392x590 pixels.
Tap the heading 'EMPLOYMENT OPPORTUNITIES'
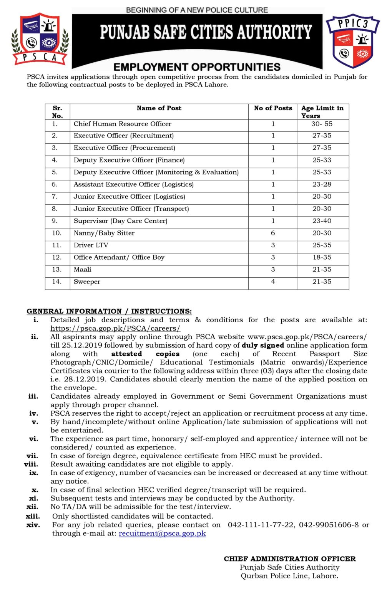(x=197, y=67)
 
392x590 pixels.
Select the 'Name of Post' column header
(x=159, y=108)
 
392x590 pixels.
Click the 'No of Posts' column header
(x=273, y=108)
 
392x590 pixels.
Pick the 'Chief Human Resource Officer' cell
(x=122, y=124)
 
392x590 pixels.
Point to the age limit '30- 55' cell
(x=322, y=124)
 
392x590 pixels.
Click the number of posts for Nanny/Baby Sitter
(x=273, y=233)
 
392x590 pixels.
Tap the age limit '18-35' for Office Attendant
(x=322, y=257)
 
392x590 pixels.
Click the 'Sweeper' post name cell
(x=87, y=282)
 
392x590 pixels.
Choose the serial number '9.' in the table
(x=55, y=221)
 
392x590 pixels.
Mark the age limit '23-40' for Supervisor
(x=322, y=221)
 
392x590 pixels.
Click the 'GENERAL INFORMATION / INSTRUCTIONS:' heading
(x=109, y=312)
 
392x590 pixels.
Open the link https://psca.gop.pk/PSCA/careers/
(x=115, y=328)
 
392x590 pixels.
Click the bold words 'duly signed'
(x=262, y=345)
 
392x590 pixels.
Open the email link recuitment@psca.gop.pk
(x=162, y=534)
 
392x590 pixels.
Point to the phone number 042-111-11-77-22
(x=261, y=525)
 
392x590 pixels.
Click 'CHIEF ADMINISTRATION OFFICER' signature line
(x=290, y=559)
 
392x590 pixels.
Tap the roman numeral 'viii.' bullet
(x=31, y=464)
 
